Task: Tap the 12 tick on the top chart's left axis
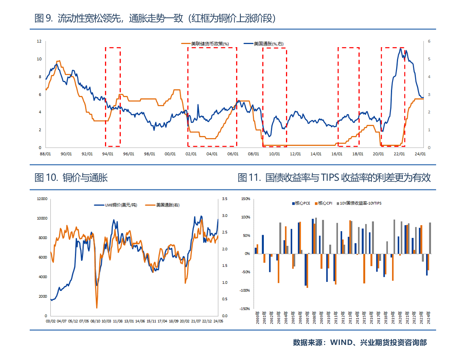(x=39, y=41)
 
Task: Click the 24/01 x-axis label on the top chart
(x=419, y=154)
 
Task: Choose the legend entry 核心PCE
(x=302, y=203)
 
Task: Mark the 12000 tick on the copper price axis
(x=42, y=199)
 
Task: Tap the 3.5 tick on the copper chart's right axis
(x=224, y=199)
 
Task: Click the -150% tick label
(x=244, y=308)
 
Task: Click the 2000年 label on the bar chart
(x=257, y=318)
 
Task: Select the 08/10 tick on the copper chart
(x=95, y=321)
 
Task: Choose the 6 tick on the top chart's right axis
(x=429, y=41)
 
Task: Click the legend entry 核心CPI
(x=325, y=203)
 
